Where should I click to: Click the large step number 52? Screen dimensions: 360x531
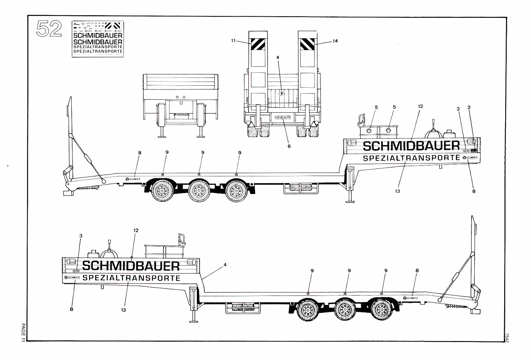[49, 29]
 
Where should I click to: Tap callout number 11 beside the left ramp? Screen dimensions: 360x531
[233, 40]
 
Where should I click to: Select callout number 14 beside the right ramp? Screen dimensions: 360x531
[335, 41]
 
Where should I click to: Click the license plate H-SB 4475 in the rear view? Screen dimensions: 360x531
[283, 118]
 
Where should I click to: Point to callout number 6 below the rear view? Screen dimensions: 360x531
[289, 146]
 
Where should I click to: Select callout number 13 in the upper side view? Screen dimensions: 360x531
[397, 191]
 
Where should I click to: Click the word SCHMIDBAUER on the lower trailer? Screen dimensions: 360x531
[131, 266]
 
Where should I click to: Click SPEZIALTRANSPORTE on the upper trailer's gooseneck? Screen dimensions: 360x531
[412, 158]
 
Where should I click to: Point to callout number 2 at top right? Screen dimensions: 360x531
[469, 107]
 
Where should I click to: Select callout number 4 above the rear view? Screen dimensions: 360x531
[278, 57]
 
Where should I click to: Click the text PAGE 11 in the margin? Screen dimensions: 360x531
[23, 333]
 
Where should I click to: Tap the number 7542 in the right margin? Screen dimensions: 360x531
[507, 337]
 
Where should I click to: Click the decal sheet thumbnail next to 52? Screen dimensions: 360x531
[97, 39]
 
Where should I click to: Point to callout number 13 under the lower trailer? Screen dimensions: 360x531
[123, 310]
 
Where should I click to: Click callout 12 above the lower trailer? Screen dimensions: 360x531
[136, 230]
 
